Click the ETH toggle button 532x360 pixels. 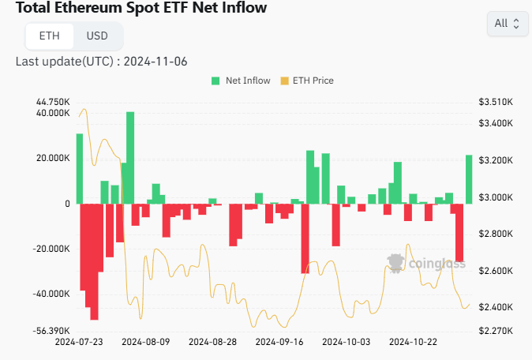coord(50,36)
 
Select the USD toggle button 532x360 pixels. coord(97,36)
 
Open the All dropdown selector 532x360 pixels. coord(508,24)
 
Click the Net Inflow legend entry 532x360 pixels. coord(241,81)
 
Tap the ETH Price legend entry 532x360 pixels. coord(307,81)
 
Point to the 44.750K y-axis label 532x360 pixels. coord(53,102)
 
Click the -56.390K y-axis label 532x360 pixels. coord(51,331)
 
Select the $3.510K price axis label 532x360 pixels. coord(496,102)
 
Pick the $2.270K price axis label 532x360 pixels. coord(496,331)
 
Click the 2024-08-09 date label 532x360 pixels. coord(145,342)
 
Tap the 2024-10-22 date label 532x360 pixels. coord(413,342)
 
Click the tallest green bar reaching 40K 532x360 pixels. coord(130,158)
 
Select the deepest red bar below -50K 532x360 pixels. coord(94,261)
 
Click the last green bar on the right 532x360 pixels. coord(469,179)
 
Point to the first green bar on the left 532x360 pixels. coord(80,169)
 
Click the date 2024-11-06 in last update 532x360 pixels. coord(155,62)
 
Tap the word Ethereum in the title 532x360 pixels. coord(88,7)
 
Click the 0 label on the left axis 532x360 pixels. coord(68,204)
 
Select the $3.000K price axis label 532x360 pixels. coord(496,197)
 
